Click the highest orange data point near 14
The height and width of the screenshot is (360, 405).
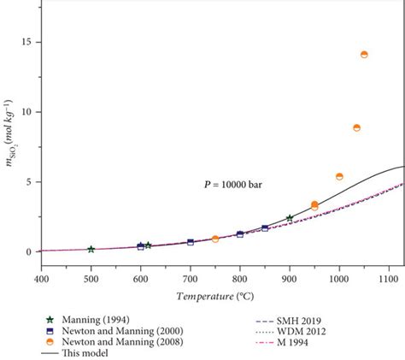coord(364,55)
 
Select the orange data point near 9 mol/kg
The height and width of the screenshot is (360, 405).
coord(356,128)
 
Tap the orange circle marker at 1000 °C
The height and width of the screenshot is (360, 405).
coord(339,177)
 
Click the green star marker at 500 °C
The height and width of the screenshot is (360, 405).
coord(91,249)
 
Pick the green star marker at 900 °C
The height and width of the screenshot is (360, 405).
coord(290,218)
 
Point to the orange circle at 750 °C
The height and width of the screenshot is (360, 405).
coord(215,239)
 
